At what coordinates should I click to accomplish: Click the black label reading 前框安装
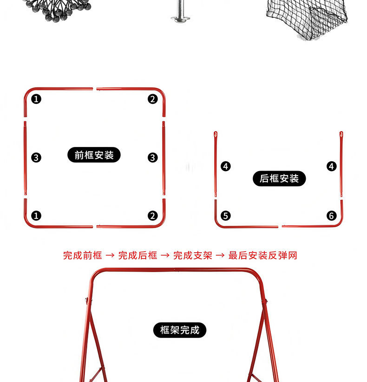coord(94,155)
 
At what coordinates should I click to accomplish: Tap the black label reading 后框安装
coord(279,178)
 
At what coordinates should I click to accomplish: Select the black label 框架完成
coord(180,330)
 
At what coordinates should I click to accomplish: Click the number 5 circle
coord(226,216)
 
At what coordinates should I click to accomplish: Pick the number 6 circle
coord(331,216)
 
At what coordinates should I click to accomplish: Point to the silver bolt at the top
coord(180,11)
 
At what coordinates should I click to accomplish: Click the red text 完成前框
coord(82,255)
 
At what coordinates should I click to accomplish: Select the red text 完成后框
coord(138,255)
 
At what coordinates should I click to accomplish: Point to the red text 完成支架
coord(192,255)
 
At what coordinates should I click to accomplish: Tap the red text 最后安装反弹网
coord(262,255)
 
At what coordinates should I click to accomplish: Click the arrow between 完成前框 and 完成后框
coord(110,255)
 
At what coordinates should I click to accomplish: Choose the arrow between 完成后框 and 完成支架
coord(165,255)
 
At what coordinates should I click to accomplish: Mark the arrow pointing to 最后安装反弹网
coord(220,255)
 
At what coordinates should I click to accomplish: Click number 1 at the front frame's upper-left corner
coord(36,99)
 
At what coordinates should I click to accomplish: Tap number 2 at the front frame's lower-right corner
coord(153,216)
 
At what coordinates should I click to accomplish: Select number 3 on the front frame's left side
coord(36,158)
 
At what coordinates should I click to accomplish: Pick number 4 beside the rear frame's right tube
coord(331,166)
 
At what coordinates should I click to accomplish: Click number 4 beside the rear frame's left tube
coord(226,166)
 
